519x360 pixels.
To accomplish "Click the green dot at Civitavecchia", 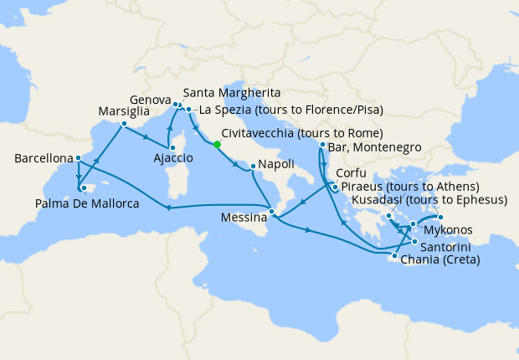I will click(217, 144).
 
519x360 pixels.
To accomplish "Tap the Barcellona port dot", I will click(78, 158).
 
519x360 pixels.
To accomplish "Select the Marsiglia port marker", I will click(123, 125).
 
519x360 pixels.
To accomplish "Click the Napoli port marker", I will click(252, 166).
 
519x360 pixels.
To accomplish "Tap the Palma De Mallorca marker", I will click(83, 188).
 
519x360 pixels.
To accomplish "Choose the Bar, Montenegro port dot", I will click(322, 145).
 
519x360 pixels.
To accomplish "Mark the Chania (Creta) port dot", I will click(394, 255).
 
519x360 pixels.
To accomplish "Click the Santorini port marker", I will click(414, 242).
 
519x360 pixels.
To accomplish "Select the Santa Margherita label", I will click(231, 92).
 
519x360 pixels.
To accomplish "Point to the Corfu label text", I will click(349, 173).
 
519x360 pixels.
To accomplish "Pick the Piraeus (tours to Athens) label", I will click(410, 186).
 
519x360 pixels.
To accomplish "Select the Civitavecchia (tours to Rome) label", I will click(302, 133).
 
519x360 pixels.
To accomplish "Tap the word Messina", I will click(243, 218).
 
